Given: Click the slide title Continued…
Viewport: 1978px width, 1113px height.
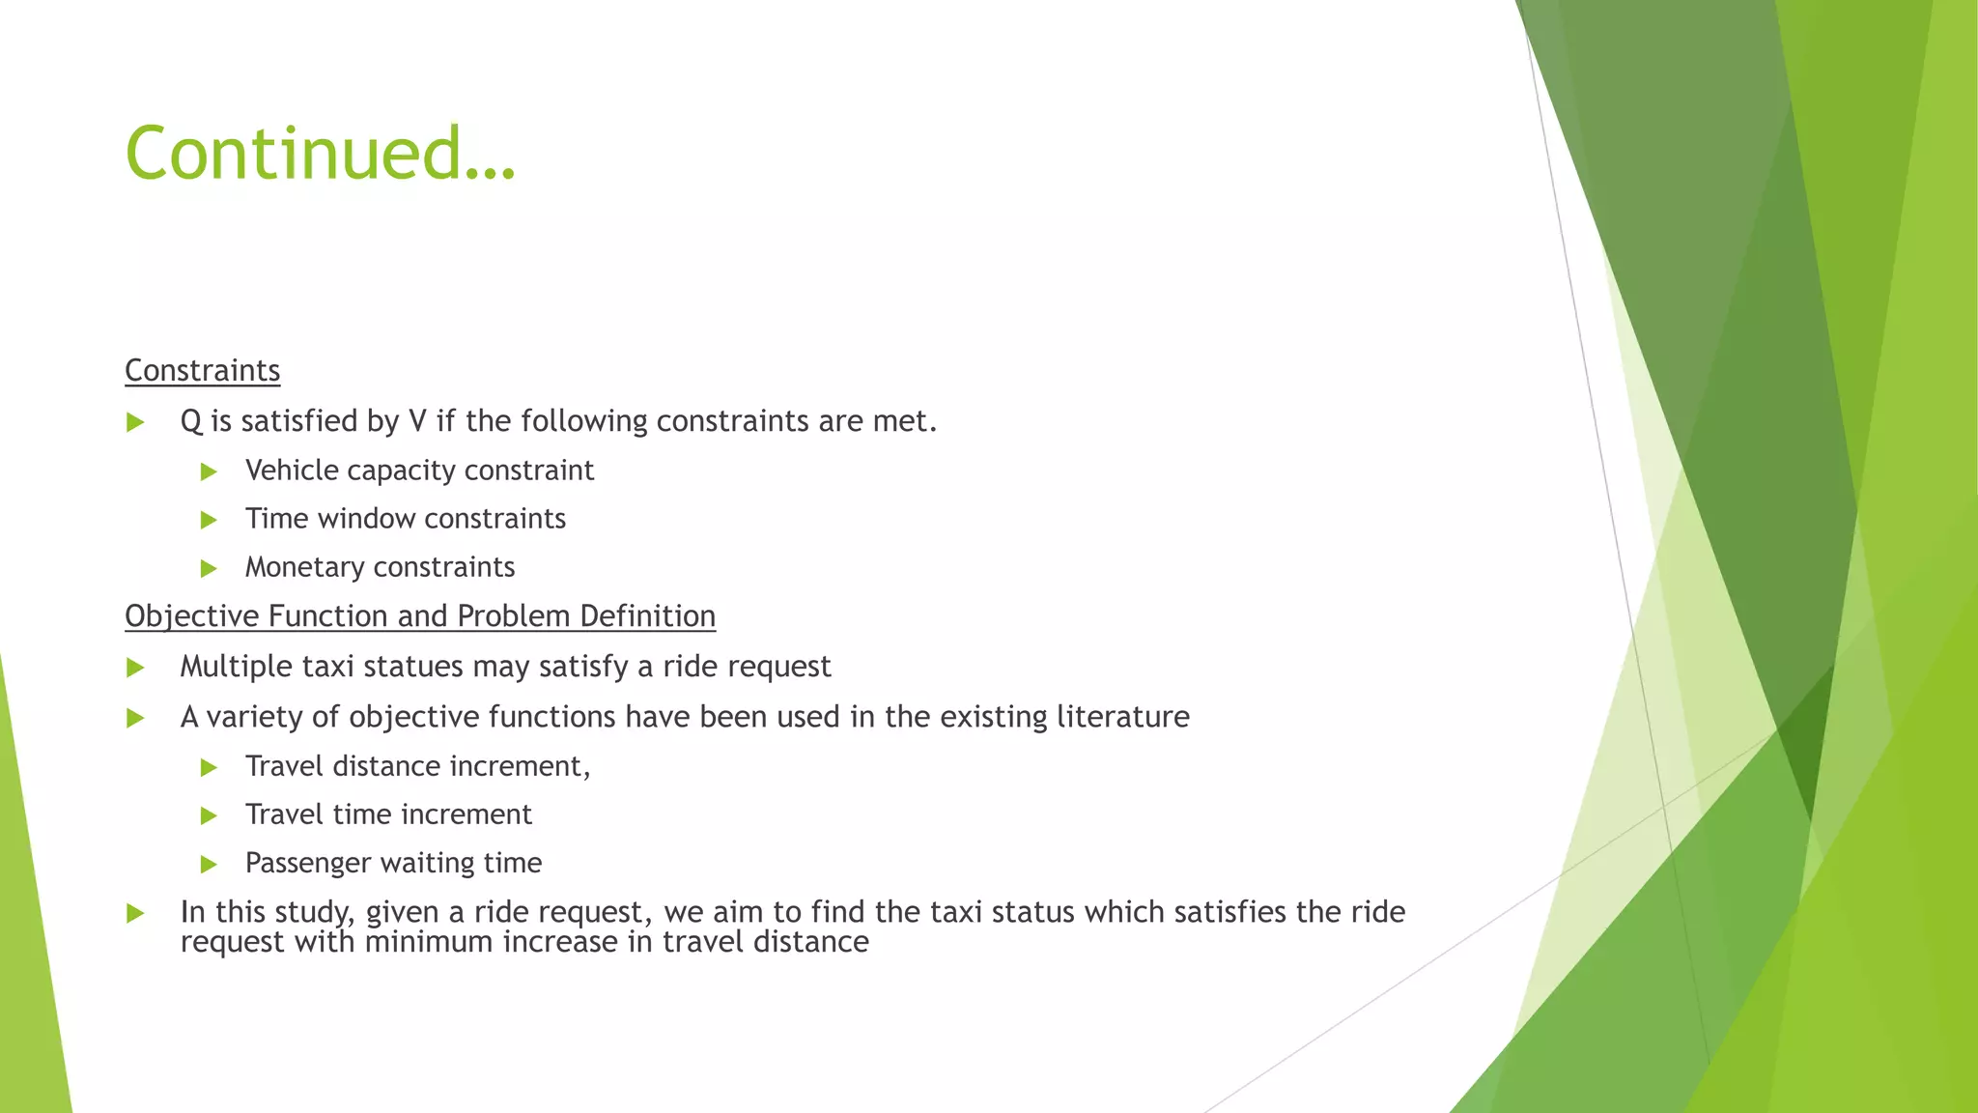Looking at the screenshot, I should [x=321, y=153].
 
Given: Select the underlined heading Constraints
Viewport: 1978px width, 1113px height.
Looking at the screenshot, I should [x=203, y=370].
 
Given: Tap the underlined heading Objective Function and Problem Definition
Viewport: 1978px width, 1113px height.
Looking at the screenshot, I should [x=420, y=615].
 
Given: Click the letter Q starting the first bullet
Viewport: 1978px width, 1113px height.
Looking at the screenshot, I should [x=190, y=421].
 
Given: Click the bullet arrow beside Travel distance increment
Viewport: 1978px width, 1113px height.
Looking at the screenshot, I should [x=209, y=768].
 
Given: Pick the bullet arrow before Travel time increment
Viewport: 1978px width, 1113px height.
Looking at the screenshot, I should [x=209, y=816].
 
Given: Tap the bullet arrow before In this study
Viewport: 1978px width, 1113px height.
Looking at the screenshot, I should [x=135, y=914].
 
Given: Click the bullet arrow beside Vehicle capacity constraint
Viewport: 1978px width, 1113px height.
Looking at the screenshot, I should [x=209, y=472].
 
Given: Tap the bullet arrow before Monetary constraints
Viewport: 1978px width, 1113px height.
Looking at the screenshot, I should [x=209, y=569].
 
